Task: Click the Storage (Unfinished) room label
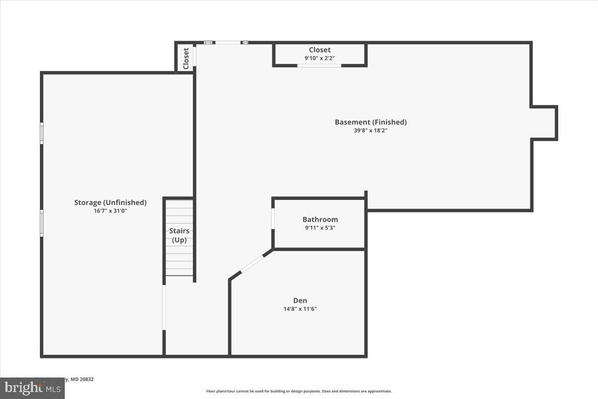[110, 202]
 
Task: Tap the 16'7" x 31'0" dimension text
[110, 210]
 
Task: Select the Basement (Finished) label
[370, 122]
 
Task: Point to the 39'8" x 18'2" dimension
[370, 131]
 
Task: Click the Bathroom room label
[320, 219]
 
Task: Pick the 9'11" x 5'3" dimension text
[320, 228]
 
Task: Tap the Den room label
[300, 300]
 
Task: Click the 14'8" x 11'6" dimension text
[300, 309]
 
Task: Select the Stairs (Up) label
[179, 235]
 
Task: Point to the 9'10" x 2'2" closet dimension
[319, 58]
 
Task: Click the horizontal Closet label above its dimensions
[319, 50]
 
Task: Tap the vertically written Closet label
[186, 58]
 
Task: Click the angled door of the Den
[252, 264]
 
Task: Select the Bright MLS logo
[32, 388]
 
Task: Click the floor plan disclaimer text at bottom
[299, 392]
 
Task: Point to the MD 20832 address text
[80, 380]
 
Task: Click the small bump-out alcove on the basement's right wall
[544, 123]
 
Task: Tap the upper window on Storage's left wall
[42, 133]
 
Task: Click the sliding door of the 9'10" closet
[319, 65]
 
